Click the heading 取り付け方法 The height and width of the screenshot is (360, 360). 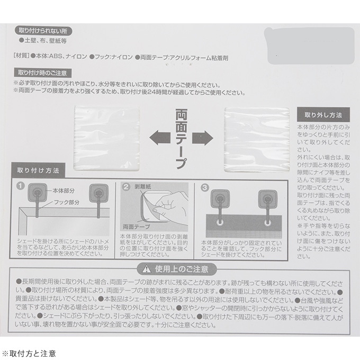point(38,170)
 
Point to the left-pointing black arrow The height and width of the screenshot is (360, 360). point(159,139)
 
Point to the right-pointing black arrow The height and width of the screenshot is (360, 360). point(203,139)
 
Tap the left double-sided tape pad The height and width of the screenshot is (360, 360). point(107,139)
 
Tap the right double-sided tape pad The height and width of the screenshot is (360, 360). point(257,139)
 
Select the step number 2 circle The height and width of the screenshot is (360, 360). point(126,187)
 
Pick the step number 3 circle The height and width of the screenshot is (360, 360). point(204,187)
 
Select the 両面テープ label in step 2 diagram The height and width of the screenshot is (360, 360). point(133,227)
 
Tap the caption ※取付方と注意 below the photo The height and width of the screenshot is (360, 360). point(29,352)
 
